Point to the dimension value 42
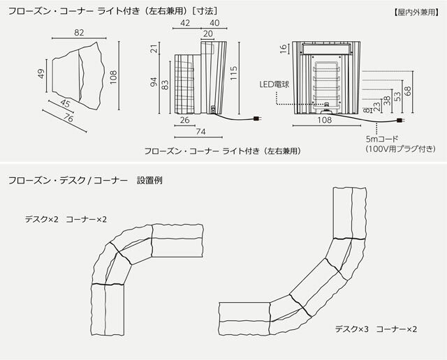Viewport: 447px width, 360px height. click(185, 22)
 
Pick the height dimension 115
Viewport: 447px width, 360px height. click(235, 72)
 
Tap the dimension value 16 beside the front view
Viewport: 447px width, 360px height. click(284, 48)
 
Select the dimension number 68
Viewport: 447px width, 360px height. click(408, 91)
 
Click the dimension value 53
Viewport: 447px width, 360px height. click(397, 96)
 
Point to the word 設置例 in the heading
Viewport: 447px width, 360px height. click(150, 180)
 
